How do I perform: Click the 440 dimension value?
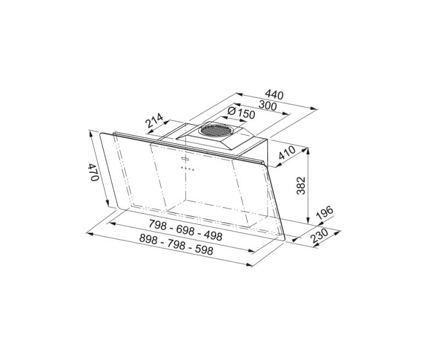pos(274,95)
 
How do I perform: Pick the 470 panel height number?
pos(94,172)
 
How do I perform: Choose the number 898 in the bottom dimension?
pos(149,238)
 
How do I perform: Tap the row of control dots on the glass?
pos(188,169)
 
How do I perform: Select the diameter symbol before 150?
pos(231,112)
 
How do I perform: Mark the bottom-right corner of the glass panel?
pos(284,240)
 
